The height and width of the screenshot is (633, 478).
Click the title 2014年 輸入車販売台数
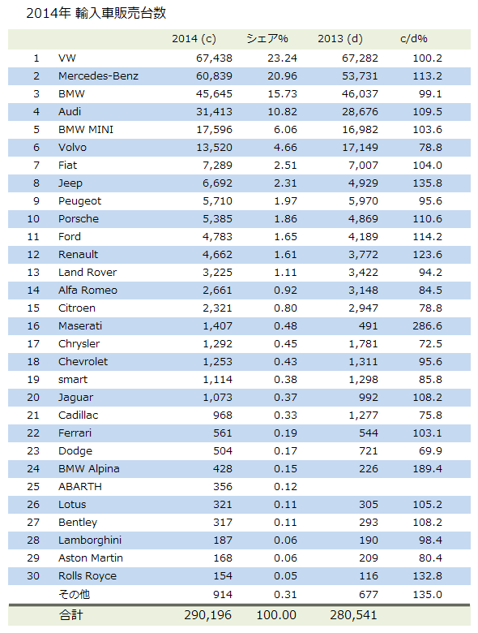click(x=96, y=13)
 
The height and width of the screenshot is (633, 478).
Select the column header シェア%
click(x=267, y=39)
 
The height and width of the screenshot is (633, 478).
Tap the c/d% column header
click(x=413, y=39)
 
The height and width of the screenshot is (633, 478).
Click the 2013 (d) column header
click(x=340, y=39)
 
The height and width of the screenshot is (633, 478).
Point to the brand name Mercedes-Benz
click(x=98, y=76)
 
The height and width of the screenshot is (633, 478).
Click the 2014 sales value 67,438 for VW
click(x=214, y=58)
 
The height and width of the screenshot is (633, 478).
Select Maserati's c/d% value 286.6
click(x=427, y=325)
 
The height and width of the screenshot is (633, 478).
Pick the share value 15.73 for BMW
click(x=282, y=94)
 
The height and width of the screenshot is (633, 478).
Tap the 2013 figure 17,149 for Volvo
click(x=360, y=148)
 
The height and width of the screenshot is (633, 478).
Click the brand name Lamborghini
click(x=89, y=540)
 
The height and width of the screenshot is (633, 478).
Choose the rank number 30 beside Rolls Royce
click(x=33, y=575)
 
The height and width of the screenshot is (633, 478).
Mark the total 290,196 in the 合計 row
click(x=207, y=615)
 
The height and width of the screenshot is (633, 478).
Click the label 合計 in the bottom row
click(x=70, y=615)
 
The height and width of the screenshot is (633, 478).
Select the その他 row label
click(x=74, y=594)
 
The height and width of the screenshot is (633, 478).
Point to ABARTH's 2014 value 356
click(x=223, y=486)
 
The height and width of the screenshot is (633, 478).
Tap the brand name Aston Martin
click(x=90, y=558)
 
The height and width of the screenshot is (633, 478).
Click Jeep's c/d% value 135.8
click(x=427, y=183)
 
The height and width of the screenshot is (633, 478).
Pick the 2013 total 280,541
click(x=353, y=615)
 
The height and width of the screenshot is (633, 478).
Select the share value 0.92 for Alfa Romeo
click(x=285, y=291)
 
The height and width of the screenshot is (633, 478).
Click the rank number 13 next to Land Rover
click(x=33, y=273)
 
